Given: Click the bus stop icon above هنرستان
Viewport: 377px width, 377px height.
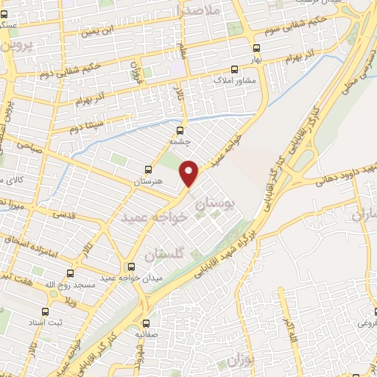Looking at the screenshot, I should tap(149, 169).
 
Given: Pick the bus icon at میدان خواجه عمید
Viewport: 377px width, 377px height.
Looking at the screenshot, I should tap(132, 266).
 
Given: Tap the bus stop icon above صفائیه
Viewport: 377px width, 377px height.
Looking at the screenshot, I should tap(145, 323).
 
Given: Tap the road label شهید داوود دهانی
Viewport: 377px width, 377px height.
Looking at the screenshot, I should tap(337, 177).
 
